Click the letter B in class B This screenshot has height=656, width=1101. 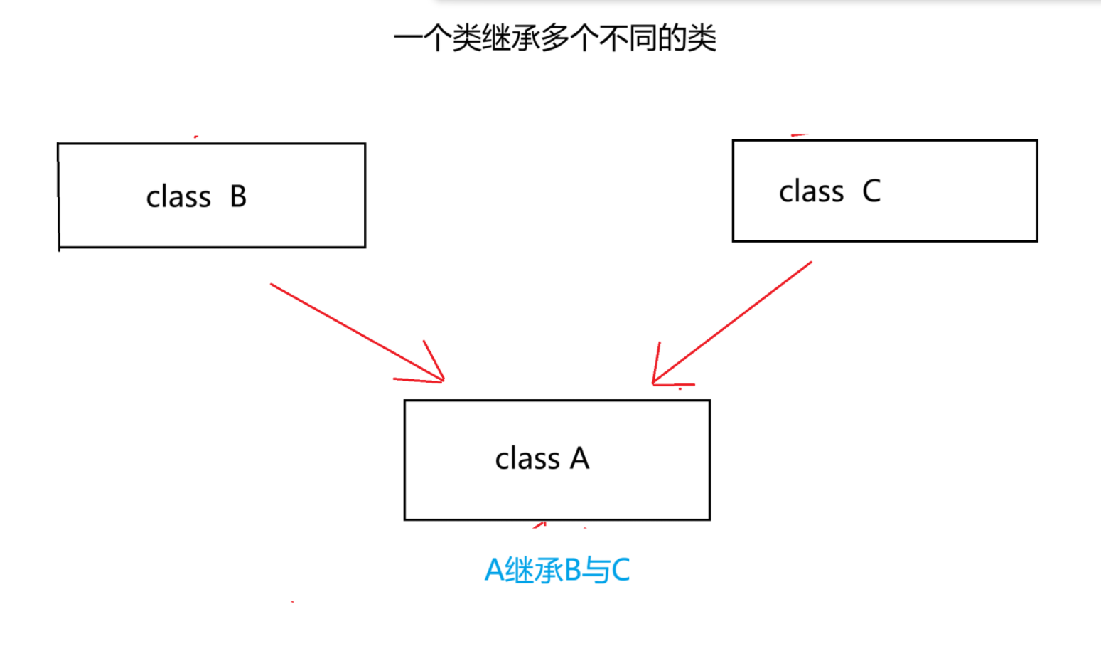coord(238,197)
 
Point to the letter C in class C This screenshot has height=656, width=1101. coord(871,191)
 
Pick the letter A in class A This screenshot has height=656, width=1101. coord(580,459)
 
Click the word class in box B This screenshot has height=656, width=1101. coord(178,197)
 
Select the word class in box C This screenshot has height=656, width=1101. coord(811,191)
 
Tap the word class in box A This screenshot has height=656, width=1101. coord(527,459)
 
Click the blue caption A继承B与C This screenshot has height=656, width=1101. coord(557,570)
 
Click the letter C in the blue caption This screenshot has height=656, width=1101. coord(620,570)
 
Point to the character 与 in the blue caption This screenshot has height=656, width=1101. coord(596,570)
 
